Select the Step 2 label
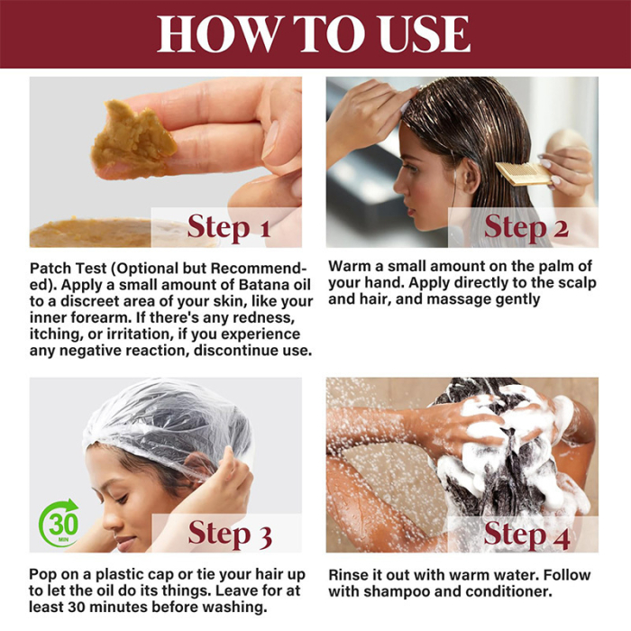(526, 227)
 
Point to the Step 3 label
(229, 535)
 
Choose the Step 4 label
(526, 535)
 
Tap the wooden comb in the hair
(522, 173)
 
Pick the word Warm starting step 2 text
(350, 267)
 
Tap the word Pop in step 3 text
(44, 574)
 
